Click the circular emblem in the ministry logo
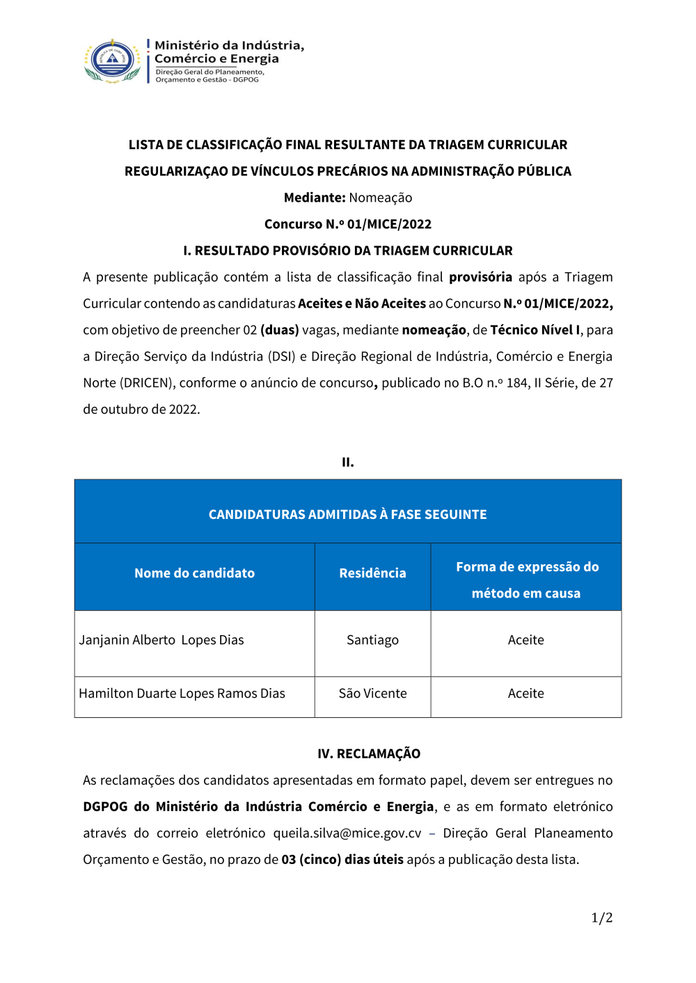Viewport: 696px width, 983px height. coord(113,61)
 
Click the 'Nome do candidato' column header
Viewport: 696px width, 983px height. coord(194,573)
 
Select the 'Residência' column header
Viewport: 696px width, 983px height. coord(372,573)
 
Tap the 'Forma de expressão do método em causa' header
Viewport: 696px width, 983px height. coord(526,580)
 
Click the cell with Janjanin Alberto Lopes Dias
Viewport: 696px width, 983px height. coord(161,640)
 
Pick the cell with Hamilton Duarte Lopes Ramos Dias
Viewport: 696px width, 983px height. coord(182,694)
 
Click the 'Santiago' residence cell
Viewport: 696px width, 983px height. coord(372,640)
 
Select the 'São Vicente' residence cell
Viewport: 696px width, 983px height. coord(372,694)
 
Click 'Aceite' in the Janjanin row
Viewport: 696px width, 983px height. coord(525,640)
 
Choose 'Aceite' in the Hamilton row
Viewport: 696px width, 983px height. coord(525,694)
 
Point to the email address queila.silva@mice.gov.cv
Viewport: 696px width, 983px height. coord(347,833)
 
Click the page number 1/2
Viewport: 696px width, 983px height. coord(601,918)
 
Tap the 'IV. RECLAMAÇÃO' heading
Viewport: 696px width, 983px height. coord(369,754)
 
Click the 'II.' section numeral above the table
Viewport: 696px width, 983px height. coord(347,462)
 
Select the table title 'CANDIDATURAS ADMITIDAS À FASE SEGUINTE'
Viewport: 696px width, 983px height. coord(347,515)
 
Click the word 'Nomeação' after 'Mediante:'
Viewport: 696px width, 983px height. coord(380,198)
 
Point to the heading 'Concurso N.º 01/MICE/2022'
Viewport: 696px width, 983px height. coord(347,224)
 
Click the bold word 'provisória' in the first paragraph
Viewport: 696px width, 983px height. coord(480,277)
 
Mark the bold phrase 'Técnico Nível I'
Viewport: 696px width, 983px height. coord(535,330)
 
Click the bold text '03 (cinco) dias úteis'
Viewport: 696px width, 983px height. coord(342,860)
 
